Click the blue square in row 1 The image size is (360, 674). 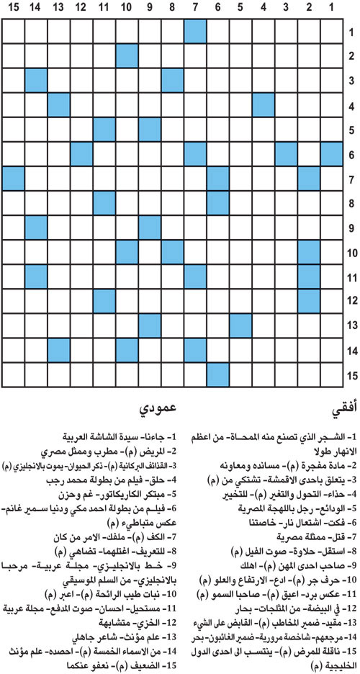195,32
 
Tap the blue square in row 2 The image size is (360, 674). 127,56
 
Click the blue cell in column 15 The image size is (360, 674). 13,178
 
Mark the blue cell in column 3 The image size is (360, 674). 286,153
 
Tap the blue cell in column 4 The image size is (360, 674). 264,104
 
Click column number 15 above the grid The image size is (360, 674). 13,9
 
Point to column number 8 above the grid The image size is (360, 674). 172,9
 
